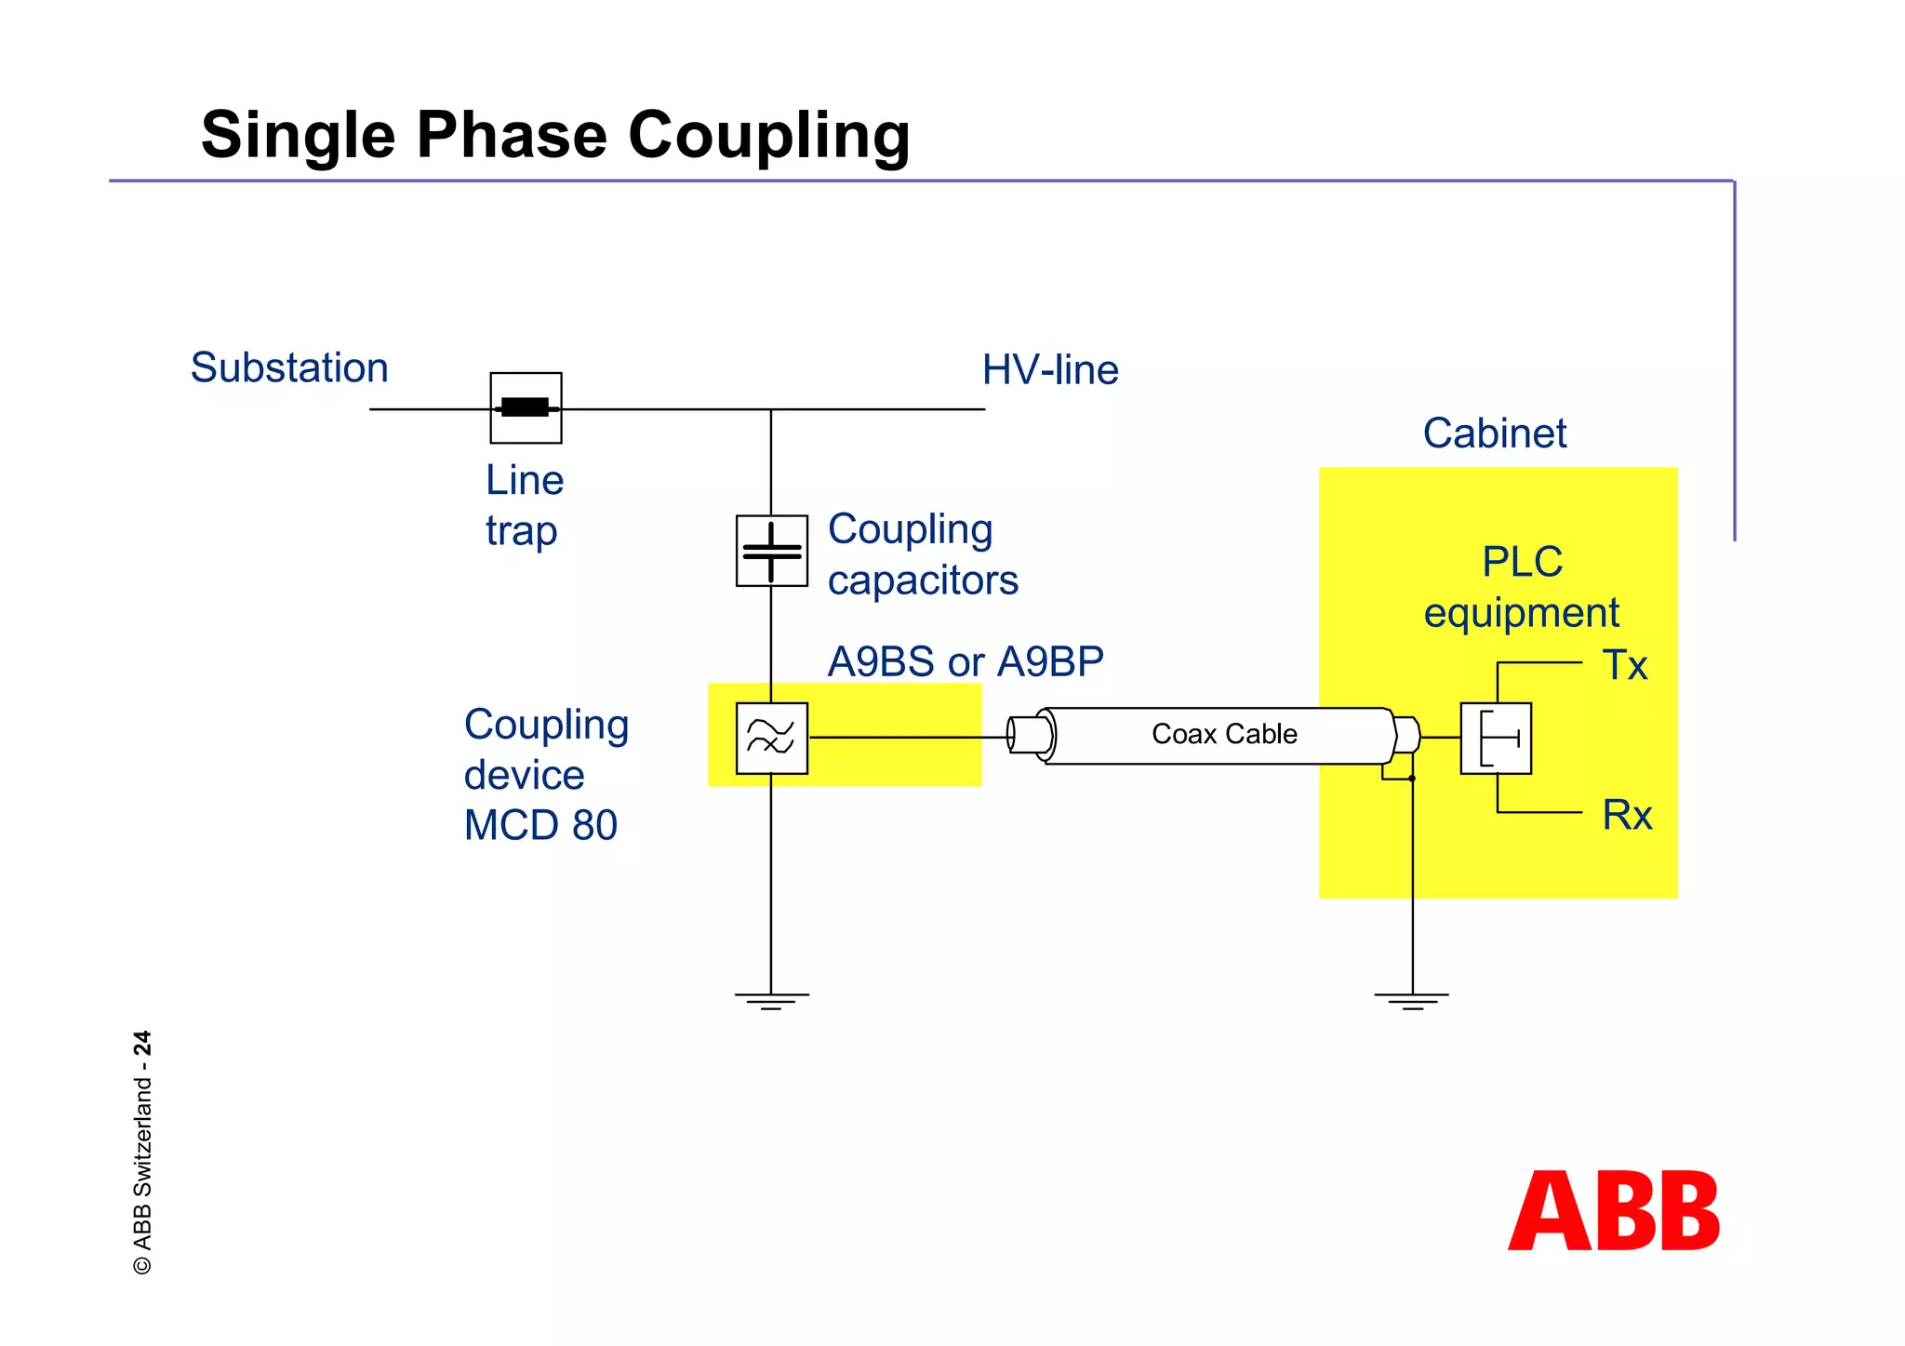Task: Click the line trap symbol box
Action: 526,407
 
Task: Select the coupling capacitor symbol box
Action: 771,551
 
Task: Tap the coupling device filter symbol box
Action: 771,738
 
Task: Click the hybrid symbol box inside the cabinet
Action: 1496,738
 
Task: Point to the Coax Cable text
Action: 1223,734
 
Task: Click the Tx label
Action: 1624,666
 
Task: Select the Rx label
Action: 1627,816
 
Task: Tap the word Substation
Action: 289,367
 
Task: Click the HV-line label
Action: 1050,370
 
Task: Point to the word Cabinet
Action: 1494,433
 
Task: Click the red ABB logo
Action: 1614,1211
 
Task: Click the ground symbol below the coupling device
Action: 771,1000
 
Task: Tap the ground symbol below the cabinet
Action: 1411,1000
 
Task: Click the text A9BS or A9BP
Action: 965,662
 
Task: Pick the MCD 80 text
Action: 540,825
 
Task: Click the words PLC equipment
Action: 1522,587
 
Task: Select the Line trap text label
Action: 524,505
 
